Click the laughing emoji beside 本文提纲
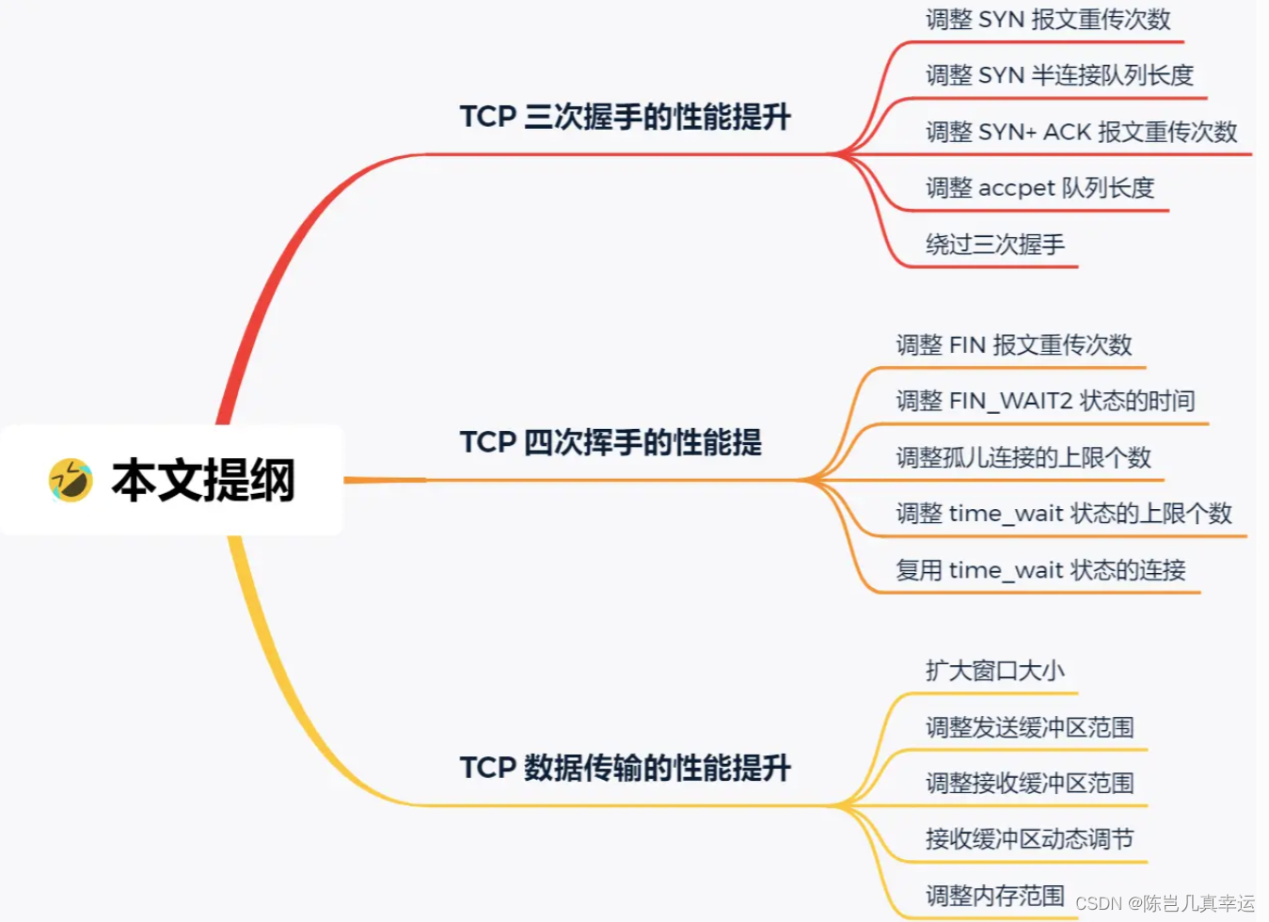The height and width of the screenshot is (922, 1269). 71,480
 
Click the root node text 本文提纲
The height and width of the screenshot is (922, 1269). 203,480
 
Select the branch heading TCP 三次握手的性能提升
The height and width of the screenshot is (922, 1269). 625,117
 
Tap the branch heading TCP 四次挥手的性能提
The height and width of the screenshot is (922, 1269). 611,442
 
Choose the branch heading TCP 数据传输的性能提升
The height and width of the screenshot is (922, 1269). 625,768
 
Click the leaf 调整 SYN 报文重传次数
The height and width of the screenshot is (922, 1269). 1048,20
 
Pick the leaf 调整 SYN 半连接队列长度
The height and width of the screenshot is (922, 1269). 1059,75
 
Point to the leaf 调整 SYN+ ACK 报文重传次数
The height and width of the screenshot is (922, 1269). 1081,132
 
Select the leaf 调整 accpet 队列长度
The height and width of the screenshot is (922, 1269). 1039,188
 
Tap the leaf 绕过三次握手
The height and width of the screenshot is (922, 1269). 995,245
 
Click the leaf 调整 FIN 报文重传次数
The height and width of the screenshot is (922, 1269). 1014,345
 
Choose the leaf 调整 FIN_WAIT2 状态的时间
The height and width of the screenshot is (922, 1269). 1045,402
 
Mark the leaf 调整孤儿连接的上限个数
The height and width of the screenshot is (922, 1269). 1023,458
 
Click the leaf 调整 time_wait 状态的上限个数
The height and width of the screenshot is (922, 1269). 1064,514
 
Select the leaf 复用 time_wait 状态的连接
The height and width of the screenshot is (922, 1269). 1040,570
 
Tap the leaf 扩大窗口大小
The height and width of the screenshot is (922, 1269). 995,671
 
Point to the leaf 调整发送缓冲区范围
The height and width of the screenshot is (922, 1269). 1030,727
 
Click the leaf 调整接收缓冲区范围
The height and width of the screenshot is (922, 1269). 1030,784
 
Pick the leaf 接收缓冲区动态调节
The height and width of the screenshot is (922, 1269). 1030,839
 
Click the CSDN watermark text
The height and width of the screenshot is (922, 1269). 1165,904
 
